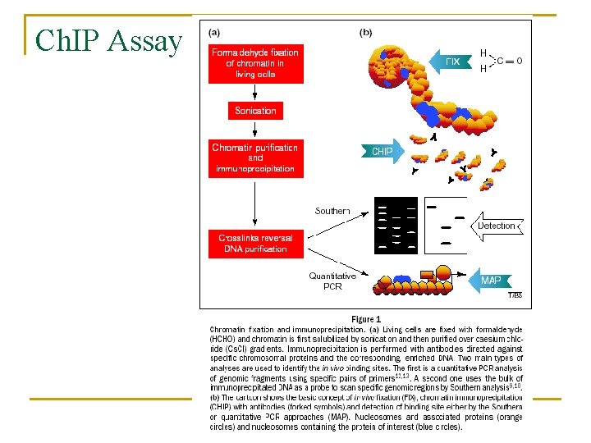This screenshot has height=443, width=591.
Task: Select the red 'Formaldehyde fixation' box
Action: (255, 63)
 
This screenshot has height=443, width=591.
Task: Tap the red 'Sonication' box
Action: (255, 111)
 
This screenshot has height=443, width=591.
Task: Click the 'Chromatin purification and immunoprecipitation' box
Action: (255, 158)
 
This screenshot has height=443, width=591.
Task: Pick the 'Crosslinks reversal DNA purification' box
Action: (255, 243)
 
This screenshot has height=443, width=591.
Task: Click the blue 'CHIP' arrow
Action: (382, 152)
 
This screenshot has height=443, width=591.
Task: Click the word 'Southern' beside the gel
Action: (332, 211)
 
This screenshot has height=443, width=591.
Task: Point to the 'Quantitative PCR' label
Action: (332, 281)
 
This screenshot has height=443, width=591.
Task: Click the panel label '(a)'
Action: (214, 33)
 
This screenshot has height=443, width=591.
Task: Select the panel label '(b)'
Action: (366, 33)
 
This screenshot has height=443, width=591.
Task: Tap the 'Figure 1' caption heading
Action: (366, 318)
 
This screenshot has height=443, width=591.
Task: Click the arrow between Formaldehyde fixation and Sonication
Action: (255, 92)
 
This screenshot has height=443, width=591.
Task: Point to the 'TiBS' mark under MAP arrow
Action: (515, 295)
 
